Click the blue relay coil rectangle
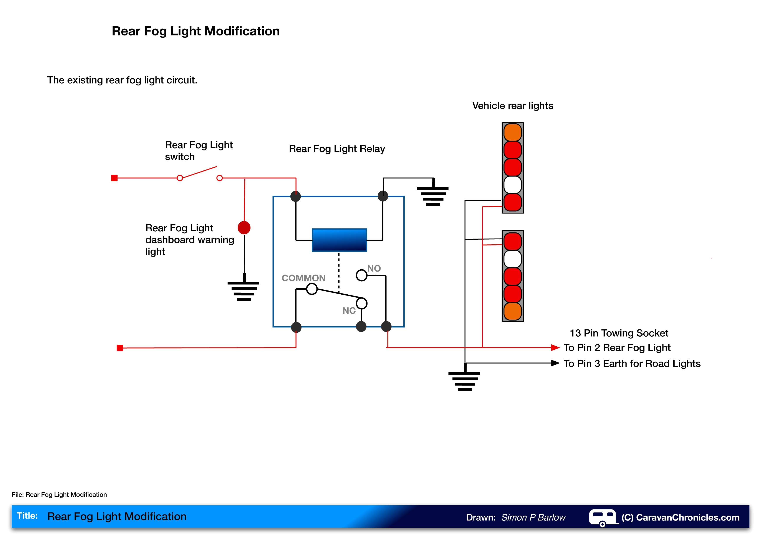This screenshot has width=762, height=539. pos(339,240)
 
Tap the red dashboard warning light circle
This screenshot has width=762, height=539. pos(244,228)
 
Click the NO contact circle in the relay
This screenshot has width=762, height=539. pos(361,275)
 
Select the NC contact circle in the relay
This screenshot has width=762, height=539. pos(361,303)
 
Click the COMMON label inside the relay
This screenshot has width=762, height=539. pos(303,278)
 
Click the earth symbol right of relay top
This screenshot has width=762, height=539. pos(433,196)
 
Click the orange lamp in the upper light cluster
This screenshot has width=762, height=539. pos(512,132)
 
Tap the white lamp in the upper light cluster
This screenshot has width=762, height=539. pos(512,185)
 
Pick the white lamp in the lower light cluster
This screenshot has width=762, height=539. pos(512,259)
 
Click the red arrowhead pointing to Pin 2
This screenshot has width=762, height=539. pos(555,348)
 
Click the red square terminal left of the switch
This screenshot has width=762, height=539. pos(114,178)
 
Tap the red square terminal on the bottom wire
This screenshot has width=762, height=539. pos(120,348)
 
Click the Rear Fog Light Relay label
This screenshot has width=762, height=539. pos(337,149)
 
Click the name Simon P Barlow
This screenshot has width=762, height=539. pos(533,517)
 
